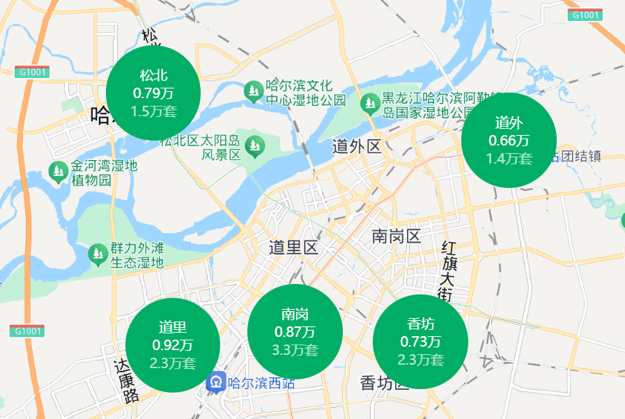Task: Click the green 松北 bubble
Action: (x=153, y=93)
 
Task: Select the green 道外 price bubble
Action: (x=509, y=140)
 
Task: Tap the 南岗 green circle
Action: (x=295, y=331)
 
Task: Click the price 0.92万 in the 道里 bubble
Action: (x=173, y=345)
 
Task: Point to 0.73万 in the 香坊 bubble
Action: (x=420, y=342)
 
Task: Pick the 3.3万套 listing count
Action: (x=295, y=350)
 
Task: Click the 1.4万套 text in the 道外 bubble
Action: (x=509, y=159)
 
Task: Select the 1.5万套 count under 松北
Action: (x=153, y=111)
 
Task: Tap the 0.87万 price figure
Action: (x=295, y=332)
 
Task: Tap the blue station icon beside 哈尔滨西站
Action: (x=216, y=382)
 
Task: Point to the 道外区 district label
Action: (x=357, y=147)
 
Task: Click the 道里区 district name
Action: (x=293, y=248)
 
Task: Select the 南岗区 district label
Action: (x=396, y=236)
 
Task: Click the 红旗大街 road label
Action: (x=447, y=271)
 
